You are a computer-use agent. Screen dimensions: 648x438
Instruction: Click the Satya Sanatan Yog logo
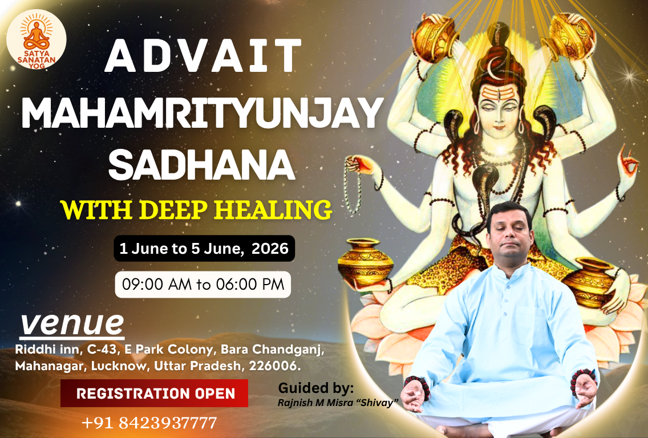tap(37, 39)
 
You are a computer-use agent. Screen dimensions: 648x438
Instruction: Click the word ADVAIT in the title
tap(203, 56)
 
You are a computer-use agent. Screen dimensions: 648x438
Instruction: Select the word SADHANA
tap(202, 165)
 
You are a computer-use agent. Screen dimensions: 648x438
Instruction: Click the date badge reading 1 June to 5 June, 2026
tap(204, 248)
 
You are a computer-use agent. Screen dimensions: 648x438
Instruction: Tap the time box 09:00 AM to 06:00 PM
tap(203, 284)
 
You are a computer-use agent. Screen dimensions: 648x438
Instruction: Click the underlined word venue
tap(72, 325)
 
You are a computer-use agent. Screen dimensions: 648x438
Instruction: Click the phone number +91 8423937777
tap(149, 423)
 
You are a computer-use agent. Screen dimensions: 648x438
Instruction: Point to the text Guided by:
tap(316, 388)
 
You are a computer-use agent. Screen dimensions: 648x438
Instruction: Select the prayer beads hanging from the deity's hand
tap(353, 186)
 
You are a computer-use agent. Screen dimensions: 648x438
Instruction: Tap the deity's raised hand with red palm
tap(627, 163)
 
